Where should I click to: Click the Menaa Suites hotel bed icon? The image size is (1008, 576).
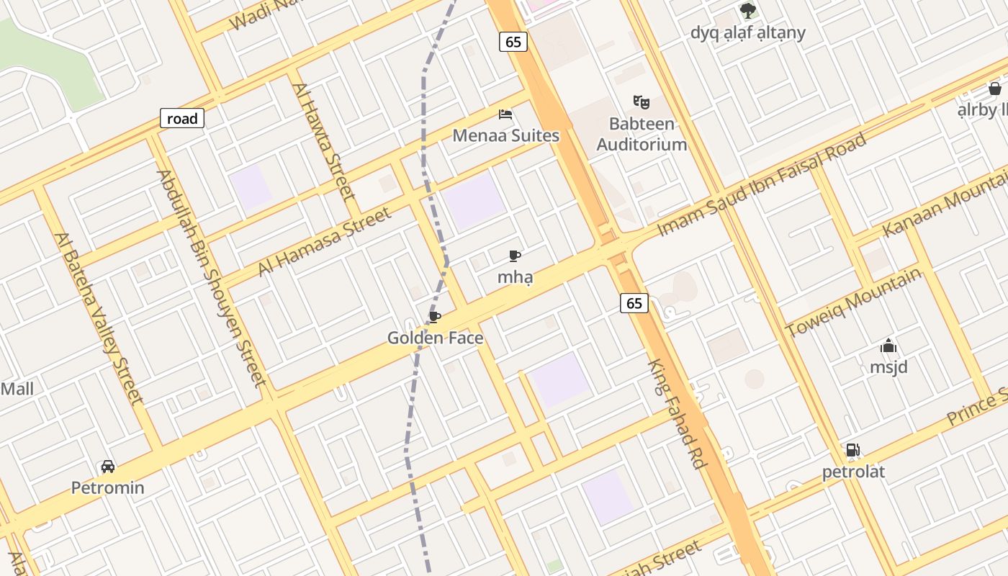505,114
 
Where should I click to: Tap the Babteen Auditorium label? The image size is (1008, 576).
642,134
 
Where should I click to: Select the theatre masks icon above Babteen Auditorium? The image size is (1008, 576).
642,102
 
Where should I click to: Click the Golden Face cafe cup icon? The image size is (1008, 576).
434,317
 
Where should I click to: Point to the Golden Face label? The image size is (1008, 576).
435,338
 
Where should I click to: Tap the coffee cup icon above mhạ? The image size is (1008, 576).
515,256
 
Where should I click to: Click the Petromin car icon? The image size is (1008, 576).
108,467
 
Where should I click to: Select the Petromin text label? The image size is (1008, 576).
108,487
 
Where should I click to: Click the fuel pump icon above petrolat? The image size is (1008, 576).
852,451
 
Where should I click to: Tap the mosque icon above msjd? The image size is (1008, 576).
888,346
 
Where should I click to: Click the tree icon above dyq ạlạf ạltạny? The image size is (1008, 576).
748,10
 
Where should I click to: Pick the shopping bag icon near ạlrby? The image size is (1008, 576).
994,89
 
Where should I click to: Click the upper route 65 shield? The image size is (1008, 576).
513,42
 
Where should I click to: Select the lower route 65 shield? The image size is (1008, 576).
634,303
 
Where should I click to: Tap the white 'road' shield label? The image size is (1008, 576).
182,119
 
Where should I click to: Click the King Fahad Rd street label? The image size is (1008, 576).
676,414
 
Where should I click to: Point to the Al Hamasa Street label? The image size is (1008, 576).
325,240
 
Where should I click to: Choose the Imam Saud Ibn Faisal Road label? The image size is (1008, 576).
762,184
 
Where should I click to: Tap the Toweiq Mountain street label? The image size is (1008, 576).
854,302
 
